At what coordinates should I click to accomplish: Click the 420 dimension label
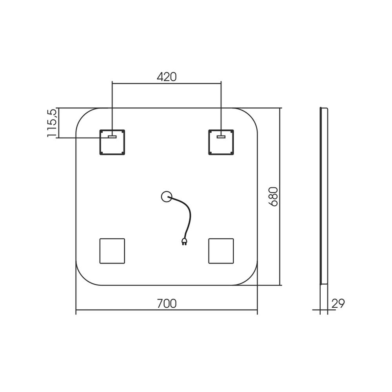click(x=167, y=77)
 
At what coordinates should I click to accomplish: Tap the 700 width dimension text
click(x=167, y=303)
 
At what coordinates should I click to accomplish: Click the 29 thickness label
click(x=338, y=303)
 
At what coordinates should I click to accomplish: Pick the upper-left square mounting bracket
click(x=112, y=142)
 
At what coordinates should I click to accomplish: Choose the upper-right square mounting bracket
click(x=221, y=142)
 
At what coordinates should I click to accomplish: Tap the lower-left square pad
click(x=112, y=251)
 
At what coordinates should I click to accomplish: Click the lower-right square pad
click(x=221, y=251)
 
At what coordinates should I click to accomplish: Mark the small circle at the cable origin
click(x=167, y=196)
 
